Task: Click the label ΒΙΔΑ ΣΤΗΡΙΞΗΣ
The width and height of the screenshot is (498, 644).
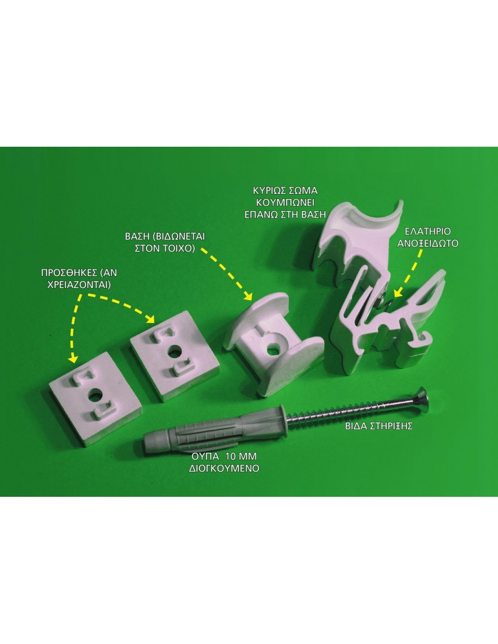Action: [x=378, y=426]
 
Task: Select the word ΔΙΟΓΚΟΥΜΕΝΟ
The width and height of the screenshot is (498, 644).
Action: [x=224, y=469]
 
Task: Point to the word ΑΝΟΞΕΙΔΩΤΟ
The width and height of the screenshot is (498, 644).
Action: [x=427, y=243]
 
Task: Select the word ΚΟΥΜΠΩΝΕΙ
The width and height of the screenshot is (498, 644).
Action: [x=285, y=203]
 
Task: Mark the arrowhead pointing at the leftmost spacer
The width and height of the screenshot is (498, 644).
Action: [x=72, y=359]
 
